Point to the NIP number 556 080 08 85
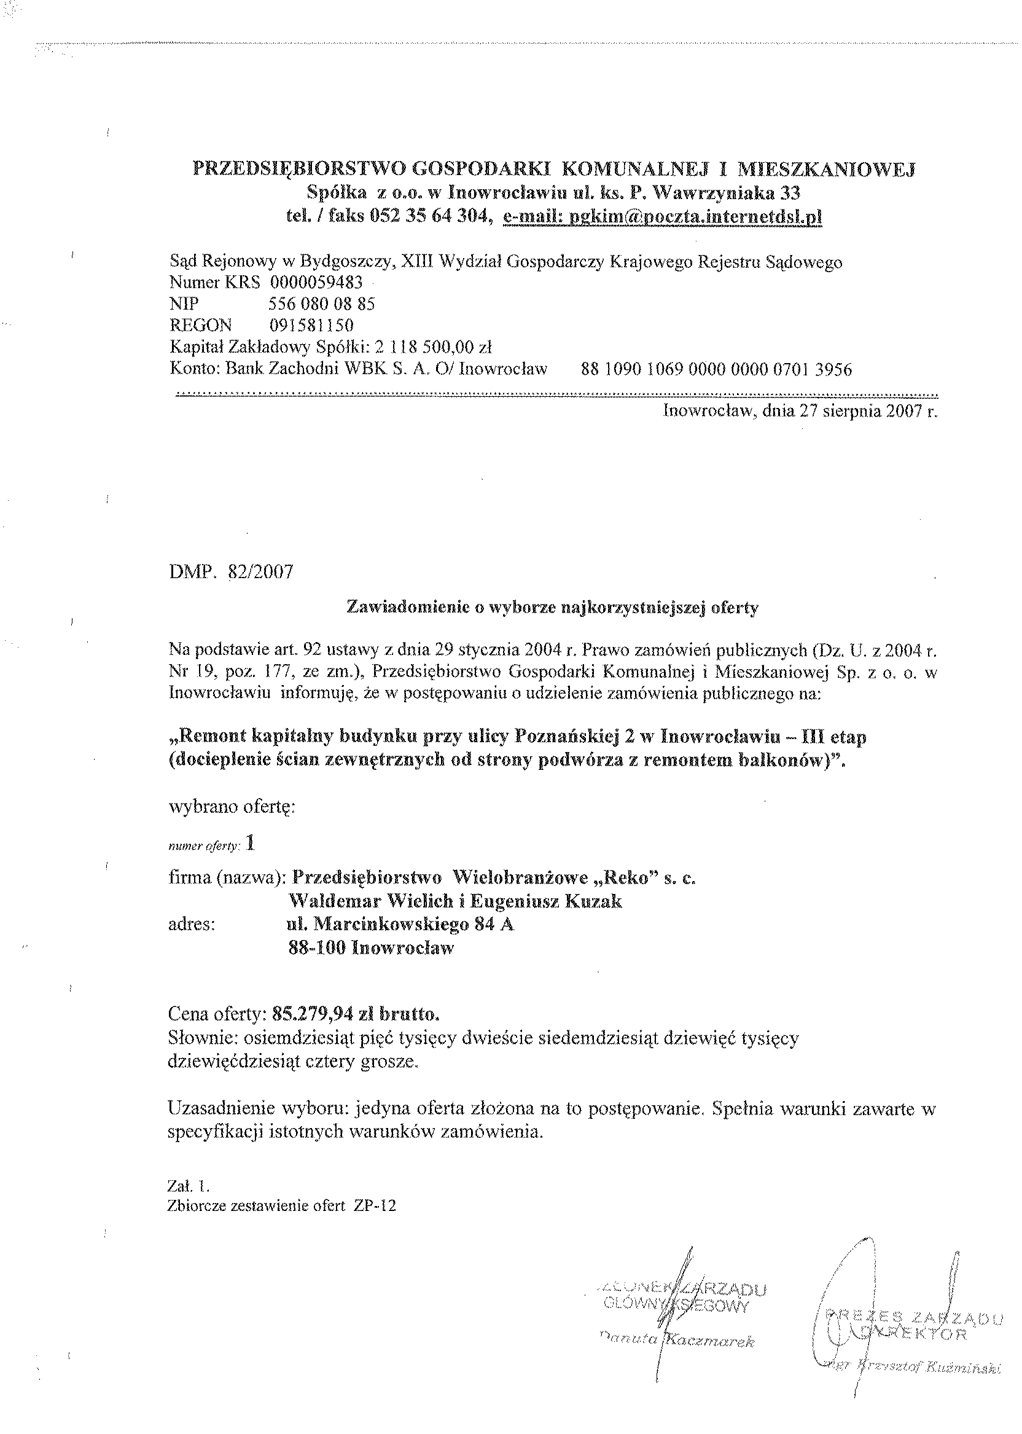click(322, 304)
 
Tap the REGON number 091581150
click(311, 325)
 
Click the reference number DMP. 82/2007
click(231, 572)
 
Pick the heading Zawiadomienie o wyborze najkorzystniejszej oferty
click(553, 608)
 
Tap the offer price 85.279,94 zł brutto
click(356, 1014)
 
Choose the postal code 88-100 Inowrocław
click(371, 948)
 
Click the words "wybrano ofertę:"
click(232, 807)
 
